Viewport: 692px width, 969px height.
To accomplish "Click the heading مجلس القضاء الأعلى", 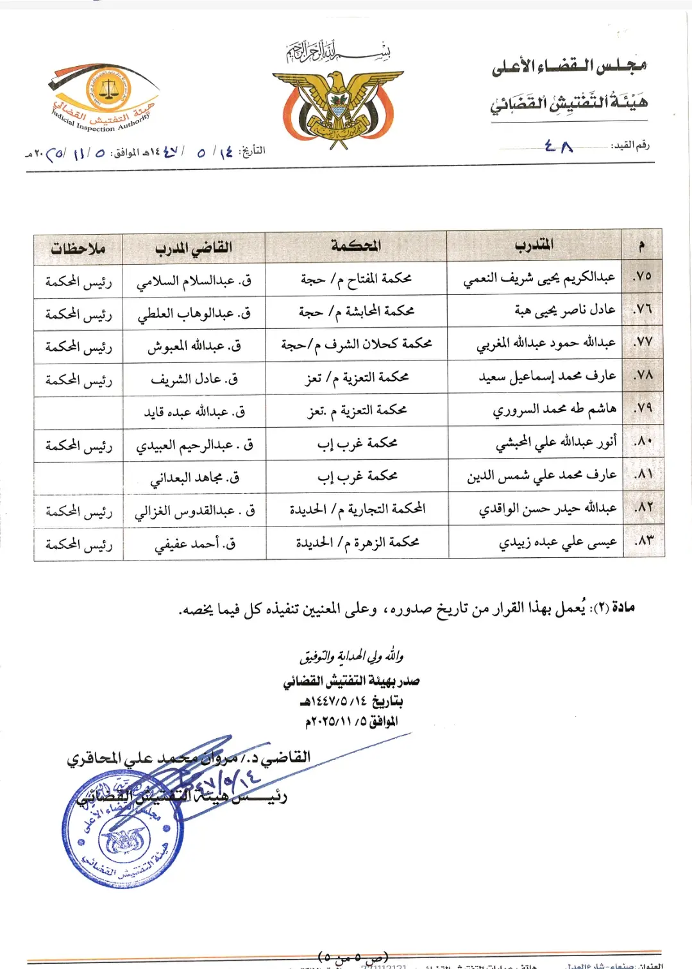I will tap(569, 66).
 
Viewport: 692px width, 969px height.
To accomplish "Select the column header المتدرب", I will tap(534, 245).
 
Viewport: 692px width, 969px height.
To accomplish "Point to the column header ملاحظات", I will tap(78, 248).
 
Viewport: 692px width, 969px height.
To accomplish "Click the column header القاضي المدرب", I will tap(193, 248).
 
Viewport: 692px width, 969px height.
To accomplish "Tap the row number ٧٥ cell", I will tap(642, 276).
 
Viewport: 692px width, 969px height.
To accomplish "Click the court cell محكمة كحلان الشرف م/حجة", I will tap(356, 344).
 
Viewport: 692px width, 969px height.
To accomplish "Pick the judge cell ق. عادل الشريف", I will tap(194, 379).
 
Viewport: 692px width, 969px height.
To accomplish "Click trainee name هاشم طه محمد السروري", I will tap(554, 409).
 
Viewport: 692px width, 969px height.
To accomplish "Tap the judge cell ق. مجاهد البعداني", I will tap(194, 478).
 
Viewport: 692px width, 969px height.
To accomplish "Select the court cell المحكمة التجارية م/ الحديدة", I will tap(357, 509).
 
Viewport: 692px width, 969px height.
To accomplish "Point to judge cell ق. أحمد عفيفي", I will tap(195, 544).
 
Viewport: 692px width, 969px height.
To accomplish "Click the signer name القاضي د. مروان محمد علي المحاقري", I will tap(189, 758).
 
